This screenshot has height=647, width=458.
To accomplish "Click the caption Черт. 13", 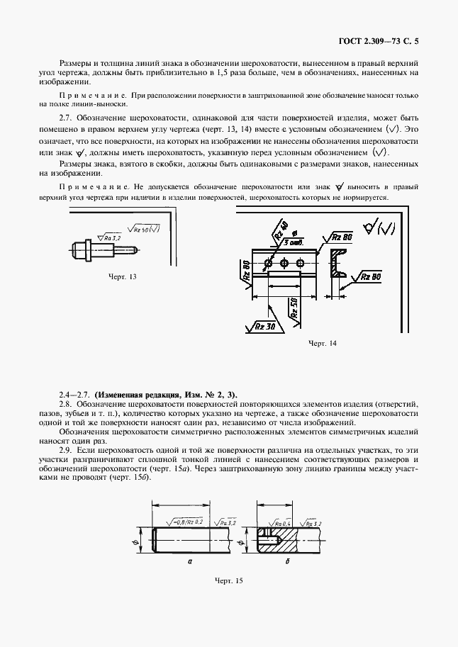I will (x=122, y=276).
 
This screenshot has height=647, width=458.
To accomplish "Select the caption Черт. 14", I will (x=322, y=344).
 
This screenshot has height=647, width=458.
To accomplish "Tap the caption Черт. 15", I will (x=228, y=580).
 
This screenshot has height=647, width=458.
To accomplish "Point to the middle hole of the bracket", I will (x=284, y=264).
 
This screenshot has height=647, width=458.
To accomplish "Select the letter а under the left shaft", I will (x=190, y=560).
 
